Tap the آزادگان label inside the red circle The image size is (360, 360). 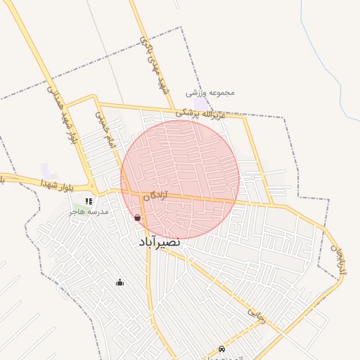coord(156,197)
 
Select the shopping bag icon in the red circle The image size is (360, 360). coord(137,218)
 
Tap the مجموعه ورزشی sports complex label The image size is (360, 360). coord(210,93)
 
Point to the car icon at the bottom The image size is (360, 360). coord(222,348)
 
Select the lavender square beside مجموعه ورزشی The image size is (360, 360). coord(202,104)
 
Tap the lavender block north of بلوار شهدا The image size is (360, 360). coord(45,169)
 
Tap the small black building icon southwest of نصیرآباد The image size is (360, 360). coord(120,283)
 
